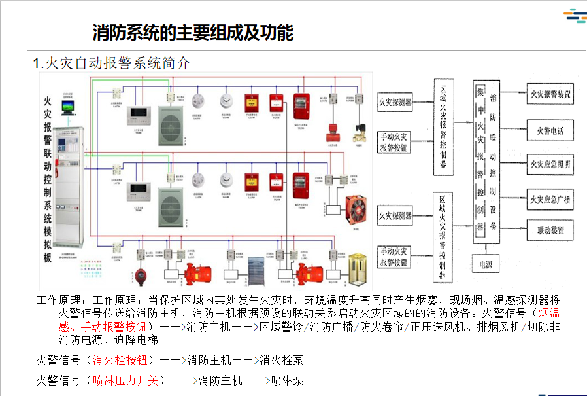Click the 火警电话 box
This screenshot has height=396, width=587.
[550, 130]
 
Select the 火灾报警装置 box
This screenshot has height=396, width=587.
[550, 94]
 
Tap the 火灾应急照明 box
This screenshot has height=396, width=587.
[550, 164]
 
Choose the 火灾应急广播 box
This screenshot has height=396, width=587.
[550, 199]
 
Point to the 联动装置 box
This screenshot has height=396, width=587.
[550, 231]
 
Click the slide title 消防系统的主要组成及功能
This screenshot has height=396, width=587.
[193, 32]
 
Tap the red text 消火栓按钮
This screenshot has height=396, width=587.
[122, 359]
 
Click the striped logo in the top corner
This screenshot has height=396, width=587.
[573, 16]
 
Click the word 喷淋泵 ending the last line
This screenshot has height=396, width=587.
[288, 380]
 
